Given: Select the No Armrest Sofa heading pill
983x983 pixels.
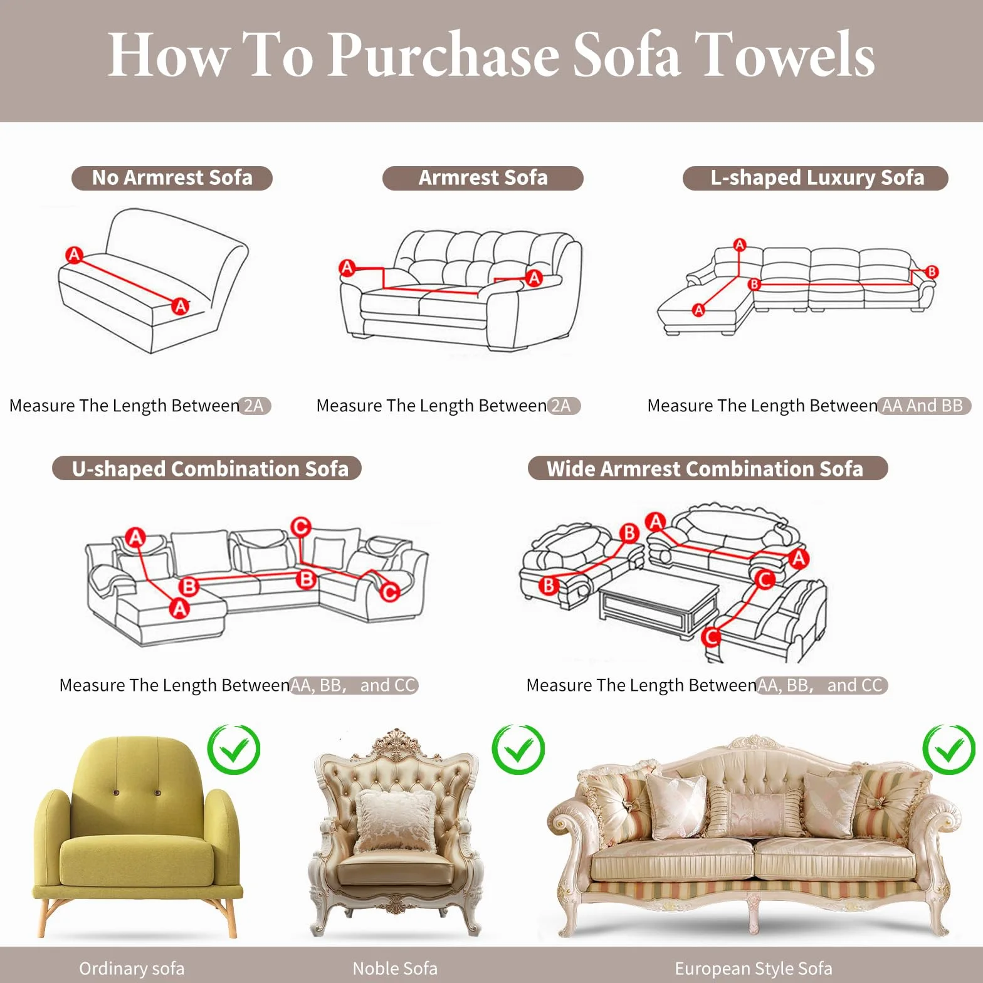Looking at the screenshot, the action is point(172,178).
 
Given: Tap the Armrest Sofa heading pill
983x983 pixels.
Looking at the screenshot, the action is point(483,178).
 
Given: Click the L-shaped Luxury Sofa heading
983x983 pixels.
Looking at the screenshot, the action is point(816,178).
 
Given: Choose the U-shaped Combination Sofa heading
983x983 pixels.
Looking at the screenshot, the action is point(207,468).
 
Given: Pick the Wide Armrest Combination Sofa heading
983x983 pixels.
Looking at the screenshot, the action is point(708,468).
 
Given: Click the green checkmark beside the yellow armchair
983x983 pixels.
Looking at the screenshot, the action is point(234,749).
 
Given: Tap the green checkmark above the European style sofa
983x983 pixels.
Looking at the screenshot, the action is point(949,749).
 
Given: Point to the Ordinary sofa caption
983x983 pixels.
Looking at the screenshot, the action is point(132,969).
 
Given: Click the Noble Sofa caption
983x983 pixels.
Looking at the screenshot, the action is point(395,969).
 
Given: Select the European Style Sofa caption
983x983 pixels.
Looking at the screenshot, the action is point(754,969).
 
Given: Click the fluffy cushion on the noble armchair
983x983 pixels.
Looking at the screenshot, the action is point(396,821).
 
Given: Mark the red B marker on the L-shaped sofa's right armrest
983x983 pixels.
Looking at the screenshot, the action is point(932,272).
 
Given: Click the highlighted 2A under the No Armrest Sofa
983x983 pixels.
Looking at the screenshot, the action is point(254,406).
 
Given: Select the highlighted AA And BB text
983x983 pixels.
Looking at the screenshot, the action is point(923,406).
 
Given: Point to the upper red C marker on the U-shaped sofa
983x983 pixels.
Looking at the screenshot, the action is point(301,527).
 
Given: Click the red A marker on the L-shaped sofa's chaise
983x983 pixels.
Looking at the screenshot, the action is point(698,310).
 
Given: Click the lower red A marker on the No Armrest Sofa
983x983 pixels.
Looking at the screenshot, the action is point(181,306).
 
